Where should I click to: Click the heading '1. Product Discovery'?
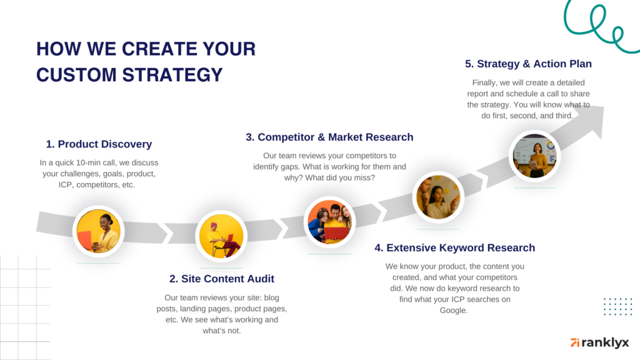point(99,144)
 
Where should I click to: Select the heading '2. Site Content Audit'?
point(222,279)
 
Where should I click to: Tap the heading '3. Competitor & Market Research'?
point(329,137)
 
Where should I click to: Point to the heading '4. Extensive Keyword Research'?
point(455,247)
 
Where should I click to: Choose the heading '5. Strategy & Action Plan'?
point(528,64)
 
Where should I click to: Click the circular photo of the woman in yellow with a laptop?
point(98,231)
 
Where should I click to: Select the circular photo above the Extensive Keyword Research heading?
point(439,197)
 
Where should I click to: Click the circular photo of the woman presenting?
point(534,156)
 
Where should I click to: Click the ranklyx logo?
point(599,342)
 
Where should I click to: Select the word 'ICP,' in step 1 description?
point(61,184)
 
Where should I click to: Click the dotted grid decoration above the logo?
point(617,306)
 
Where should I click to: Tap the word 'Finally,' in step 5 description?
point(482,82)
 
